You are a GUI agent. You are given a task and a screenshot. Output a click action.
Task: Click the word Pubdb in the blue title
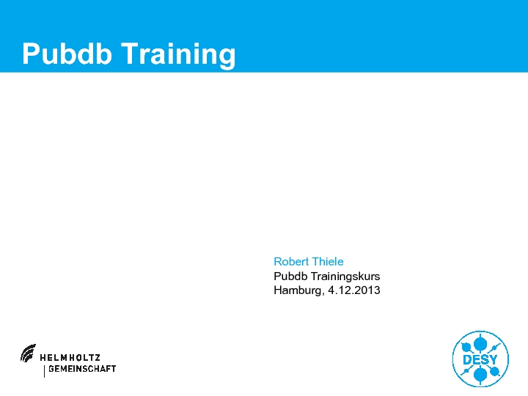point(67,54)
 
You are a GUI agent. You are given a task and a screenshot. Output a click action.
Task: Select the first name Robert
point(291,262)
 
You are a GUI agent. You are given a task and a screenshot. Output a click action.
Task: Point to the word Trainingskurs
point(345,276)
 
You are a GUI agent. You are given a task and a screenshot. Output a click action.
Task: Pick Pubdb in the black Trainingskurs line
point(290,276)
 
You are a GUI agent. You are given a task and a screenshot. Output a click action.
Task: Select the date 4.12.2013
point(354,290)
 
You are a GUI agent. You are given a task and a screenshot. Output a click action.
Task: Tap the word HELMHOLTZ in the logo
point(70,358)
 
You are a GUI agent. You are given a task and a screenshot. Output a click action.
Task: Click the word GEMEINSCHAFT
point(82,369)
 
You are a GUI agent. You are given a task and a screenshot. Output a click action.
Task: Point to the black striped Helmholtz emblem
point(28,353)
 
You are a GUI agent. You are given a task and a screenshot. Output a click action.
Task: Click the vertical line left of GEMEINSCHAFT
point(44,371)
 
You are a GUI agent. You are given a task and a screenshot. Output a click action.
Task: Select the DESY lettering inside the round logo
point(480,359)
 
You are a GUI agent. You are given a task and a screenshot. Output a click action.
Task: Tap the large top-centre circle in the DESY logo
point(480,344)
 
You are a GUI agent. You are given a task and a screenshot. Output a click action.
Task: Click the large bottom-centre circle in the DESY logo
point(480,374)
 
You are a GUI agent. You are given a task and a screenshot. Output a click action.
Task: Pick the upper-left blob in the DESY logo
point(466,347)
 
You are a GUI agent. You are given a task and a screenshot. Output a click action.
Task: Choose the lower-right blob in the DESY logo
point(495,371)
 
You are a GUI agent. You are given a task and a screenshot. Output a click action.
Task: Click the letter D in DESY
point(467,359)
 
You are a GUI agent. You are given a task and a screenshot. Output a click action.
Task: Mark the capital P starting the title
point(30,54)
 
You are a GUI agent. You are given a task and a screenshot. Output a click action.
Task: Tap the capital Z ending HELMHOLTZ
point(97,358)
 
